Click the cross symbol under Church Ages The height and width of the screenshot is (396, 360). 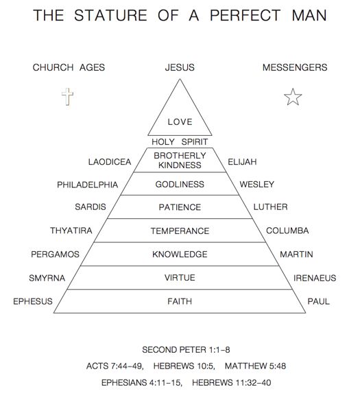point(67,96)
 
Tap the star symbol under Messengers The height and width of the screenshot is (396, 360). point(293,97)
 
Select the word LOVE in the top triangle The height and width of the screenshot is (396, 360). point(180,122)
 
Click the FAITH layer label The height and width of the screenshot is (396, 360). point(180,301)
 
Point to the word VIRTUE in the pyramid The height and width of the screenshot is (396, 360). point(180,278)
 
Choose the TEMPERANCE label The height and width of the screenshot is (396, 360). point(180,231)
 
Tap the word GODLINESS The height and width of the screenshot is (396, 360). point(180,185)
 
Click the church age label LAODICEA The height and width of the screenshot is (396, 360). point(110,162)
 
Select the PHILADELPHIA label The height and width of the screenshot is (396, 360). point(88,185)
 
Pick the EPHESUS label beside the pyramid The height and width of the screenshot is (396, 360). point(33,301)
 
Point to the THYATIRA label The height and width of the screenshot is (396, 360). point(71,231)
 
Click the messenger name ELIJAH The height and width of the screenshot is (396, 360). point(242,162)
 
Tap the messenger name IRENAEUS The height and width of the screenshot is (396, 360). point(315,278)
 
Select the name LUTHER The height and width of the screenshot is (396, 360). point(270,207)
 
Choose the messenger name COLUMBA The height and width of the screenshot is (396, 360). point(287,231)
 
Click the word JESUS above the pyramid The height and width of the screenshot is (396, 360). point(180,67)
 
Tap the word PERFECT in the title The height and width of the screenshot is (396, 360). point(245,15)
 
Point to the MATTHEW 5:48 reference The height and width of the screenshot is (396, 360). point(255,366)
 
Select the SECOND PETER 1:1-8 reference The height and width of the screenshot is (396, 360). point(186,350)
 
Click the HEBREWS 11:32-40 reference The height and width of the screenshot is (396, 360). point(232,382)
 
